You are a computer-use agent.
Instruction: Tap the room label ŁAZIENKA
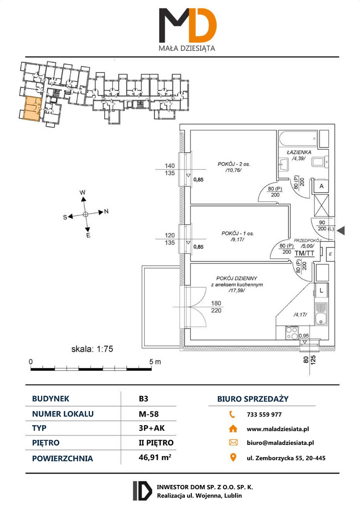pos(299,152)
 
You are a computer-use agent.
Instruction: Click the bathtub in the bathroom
pos(299,139)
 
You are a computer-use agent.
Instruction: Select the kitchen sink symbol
pos(321,314)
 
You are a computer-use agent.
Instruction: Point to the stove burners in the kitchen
pos(292,333)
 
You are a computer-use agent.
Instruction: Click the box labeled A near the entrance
pos(321,186)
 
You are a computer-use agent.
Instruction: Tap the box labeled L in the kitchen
pos(321,290)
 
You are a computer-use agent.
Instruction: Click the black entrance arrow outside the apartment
pos(341,231)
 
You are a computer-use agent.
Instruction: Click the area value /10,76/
pos(234,170)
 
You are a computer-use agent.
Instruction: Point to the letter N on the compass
pos(106,212)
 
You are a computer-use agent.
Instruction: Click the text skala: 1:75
pos(92,349)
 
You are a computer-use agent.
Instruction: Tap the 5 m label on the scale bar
pos(155,361)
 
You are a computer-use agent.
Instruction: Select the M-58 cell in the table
pos(149,414)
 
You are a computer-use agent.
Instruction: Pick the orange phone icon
pos(232,414)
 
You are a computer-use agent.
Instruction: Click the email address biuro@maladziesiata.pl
pos(280,443)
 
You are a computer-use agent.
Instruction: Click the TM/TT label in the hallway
pos(304,253)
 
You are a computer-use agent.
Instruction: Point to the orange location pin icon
pos(233,457)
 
